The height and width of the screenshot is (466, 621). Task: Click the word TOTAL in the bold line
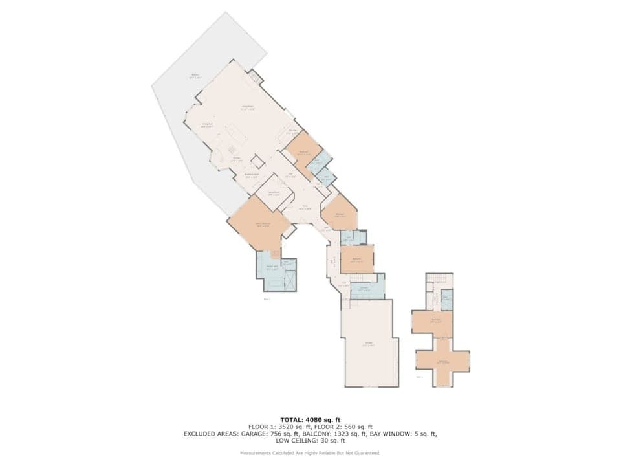point(292,420)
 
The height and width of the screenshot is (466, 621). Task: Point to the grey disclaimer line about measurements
point(310,453)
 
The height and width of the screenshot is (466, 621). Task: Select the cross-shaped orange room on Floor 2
point(442,361)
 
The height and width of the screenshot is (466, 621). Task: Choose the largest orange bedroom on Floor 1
point(259,223)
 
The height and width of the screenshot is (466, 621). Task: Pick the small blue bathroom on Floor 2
point(446,298)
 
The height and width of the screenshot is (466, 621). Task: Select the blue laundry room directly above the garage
point(366,288)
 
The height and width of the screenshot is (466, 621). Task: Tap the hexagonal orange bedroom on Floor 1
point(339,214)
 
